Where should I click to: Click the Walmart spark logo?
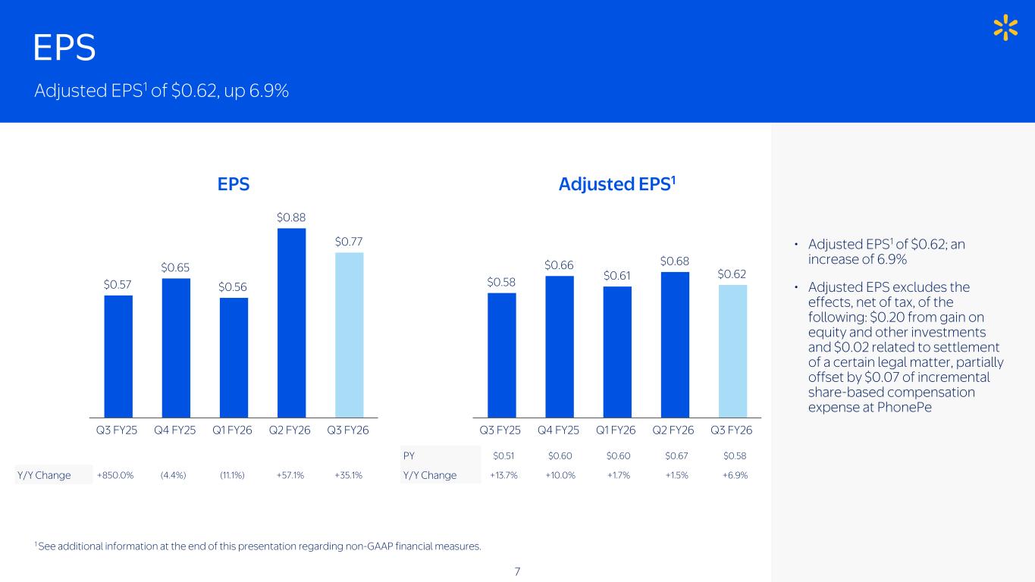click(1005, 28)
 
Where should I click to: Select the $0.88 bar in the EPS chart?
click(291, 322)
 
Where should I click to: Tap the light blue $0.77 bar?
click(349, 334)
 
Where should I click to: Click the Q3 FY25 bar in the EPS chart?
click(118, 356)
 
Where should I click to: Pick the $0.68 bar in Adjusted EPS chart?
click(675, 344)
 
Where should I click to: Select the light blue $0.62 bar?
click(732, 351)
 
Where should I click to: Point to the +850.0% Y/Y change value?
click(116, 475)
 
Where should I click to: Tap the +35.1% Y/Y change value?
click(349, 475)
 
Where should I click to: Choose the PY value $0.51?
click(503, 455)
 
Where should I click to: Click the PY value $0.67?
click(676, 455)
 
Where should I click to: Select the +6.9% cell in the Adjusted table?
click(735, 475)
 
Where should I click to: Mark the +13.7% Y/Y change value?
click(503, 475)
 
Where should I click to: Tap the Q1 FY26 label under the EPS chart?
click(234, 430)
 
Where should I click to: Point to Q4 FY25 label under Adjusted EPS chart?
click(559, 430)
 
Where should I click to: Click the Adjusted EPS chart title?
click(617, 183)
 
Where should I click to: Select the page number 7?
click(517, 571)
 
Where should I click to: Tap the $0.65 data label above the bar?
click(175, 267)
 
